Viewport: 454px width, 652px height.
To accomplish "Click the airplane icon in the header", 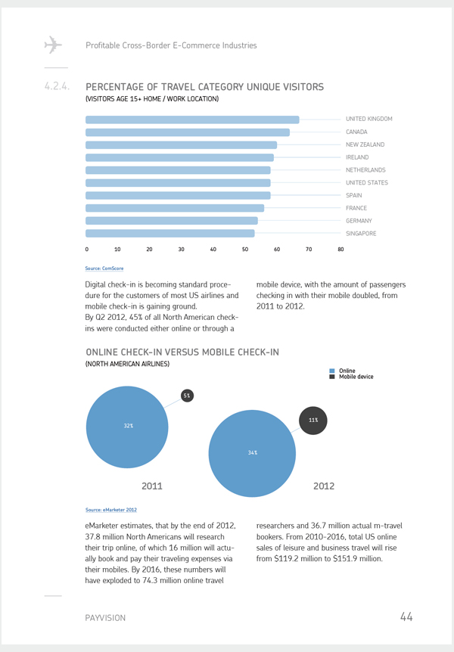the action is (x=53, y=45).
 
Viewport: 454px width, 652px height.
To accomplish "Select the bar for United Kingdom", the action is (x=192, y=120).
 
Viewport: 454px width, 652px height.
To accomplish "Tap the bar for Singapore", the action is (x=169, y=234).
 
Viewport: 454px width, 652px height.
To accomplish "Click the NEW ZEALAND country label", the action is (x=365, y=144).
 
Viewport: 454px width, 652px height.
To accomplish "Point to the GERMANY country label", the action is (x=359, y=221).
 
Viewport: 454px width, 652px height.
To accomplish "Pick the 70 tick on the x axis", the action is (x=309, y=250).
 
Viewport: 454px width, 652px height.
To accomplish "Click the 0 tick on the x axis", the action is (x=86, y=250).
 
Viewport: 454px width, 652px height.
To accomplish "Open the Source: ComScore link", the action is (x=104, y=269).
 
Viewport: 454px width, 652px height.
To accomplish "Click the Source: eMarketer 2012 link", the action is (x=111, y=510).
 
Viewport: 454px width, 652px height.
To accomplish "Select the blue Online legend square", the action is (x=332, y=371).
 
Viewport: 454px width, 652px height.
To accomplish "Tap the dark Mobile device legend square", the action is (x=332, y=377).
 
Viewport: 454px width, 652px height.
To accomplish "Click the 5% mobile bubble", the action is (x=187, y=396).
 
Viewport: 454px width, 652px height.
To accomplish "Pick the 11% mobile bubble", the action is (x=313, y=421).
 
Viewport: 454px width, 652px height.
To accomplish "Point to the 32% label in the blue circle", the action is (x=129, y=426).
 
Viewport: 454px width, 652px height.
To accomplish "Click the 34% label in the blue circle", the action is (x=253, y=452).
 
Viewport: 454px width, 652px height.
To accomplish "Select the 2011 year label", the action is (x=152, y=486).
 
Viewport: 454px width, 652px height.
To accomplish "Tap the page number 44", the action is (x=406, y=616).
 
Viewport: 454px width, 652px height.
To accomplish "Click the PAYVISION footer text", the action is (x=105, y=618).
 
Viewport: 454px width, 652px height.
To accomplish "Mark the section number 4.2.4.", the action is (x=57, y=86).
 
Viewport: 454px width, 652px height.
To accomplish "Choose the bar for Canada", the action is (x=188, y=132).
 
